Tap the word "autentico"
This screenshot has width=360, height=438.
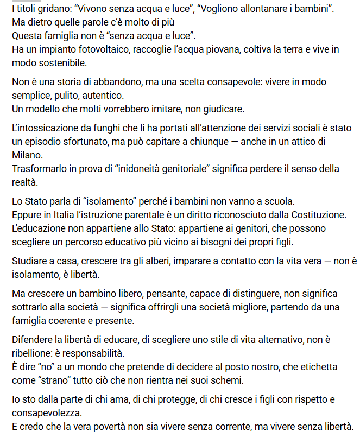[103, 96]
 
